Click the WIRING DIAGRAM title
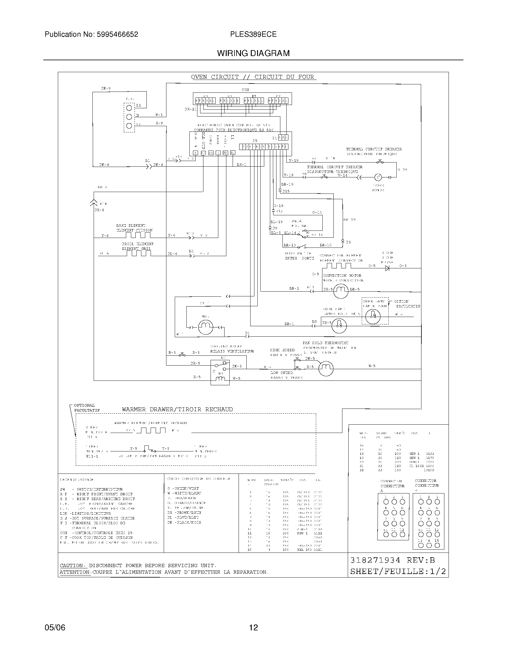coord(253,53)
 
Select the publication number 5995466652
coord(117,34)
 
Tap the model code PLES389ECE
coord(253,34)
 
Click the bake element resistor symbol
coord(138,235)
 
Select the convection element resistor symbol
coord(338,266)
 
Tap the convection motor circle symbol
coord(341,290)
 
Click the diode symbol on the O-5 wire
coord(387,268)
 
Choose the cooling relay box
coord(220,372)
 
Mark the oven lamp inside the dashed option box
coord(373,316)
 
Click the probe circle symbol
coord(378,177)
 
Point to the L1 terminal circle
coord(129,108)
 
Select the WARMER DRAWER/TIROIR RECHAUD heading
coord(177,409)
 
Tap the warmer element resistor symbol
coord(153,430)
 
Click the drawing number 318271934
coord(375,560)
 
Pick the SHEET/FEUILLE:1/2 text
coord(398,571)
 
